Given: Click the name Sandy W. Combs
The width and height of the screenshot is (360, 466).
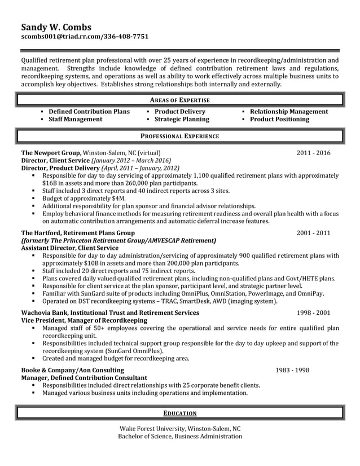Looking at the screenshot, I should point(56,27).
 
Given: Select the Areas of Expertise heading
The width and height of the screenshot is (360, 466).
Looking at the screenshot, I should point(180,100).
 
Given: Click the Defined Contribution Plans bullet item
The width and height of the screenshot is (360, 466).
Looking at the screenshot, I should point(89,112).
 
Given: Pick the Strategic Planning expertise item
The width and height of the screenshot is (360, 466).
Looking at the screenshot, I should point(182,120).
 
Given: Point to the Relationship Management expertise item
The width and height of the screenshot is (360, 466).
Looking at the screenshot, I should point(288,112).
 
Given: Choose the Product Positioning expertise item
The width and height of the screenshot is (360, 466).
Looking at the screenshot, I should point(279,120).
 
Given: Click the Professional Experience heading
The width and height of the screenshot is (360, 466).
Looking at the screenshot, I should point(180,136).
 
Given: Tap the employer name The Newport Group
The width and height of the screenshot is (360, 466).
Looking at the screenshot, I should point(51,153).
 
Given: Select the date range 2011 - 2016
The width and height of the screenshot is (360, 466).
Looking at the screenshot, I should point(314,153).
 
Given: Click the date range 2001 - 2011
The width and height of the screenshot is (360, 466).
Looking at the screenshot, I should point(314,232).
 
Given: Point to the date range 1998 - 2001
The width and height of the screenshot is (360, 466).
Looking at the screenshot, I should point(314,313).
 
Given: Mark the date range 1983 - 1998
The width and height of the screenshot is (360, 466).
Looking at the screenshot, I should point(292,370).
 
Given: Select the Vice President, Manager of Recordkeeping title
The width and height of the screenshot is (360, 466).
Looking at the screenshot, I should point(84,320).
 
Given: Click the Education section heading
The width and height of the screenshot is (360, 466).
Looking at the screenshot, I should point(180,413).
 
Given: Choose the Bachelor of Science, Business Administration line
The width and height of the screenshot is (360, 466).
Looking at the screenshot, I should point(180,436).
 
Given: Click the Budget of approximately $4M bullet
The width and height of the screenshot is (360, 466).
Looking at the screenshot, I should point(84,199).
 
